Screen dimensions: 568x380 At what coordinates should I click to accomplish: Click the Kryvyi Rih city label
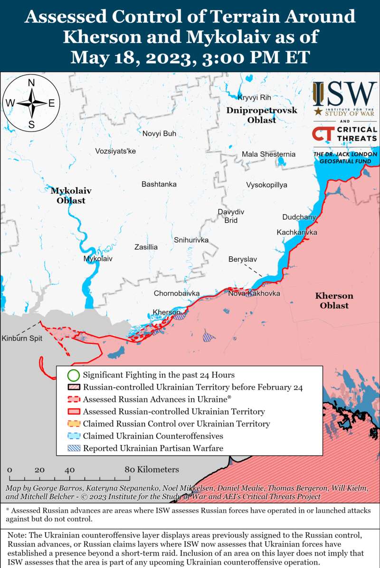[254, 97]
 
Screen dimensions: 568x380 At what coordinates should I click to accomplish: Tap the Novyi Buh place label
[159, 133]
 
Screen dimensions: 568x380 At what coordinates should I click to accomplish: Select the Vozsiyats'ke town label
[115, 151]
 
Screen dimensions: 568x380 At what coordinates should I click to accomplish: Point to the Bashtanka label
[159, 184]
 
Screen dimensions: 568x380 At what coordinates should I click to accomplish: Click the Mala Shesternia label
[268, 154]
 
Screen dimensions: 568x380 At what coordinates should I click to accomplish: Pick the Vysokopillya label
[266, 185]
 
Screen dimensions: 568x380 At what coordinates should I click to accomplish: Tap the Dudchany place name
[299, 217]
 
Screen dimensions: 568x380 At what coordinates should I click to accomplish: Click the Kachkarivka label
[297, 232]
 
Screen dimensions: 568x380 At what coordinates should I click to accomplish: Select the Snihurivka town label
[191, 240]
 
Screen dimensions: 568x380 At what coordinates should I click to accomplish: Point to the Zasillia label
[146, 247]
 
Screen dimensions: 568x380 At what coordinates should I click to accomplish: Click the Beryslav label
[242, 259]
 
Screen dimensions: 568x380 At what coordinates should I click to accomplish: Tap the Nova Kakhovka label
[254, 293]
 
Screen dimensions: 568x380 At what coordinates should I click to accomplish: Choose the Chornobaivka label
[176, 293]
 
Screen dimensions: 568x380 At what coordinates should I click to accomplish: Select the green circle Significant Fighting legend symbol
[73, 375]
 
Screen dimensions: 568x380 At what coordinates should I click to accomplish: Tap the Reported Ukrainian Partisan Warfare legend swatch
[73, 448]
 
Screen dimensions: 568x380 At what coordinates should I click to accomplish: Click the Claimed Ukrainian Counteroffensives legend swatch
[73, 436]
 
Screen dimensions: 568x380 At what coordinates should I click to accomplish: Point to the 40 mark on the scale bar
[69, 470]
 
